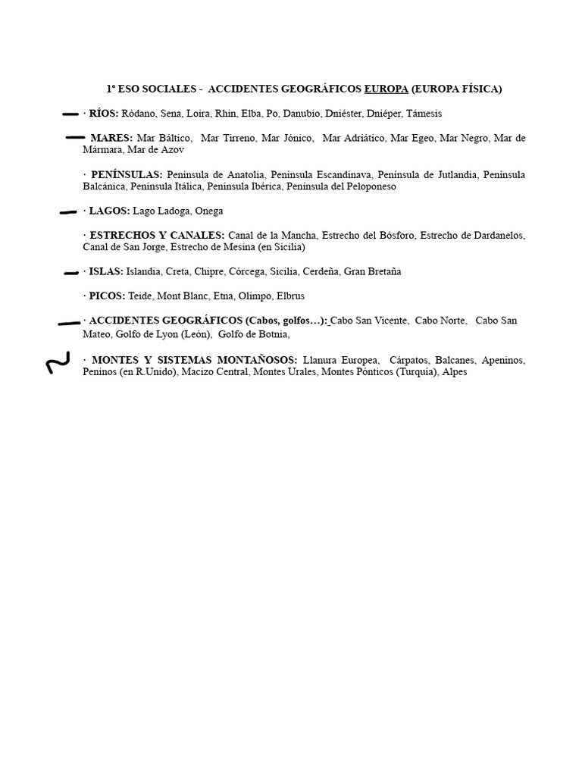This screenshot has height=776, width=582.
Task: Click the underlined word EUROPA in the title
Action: click(x=386, y=89)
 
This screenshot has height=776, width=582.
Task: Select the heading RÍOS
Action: click(x=104, y=114)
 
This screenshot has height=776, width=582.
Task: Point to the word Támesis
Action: click(x=424, y=114)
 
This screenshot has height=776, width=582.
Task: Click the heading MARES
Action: click(x=111, y=138)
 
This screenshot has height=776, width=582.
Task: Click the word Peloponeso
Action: click(x=370, y=186)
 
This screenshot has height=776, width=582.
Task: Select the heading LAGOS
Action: click(x=109, y=211)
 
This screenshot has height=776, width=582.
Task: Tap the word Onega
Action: click(x=208, y=211)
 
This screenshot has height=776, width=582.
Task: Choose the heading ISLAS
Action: click(x=105, y=271)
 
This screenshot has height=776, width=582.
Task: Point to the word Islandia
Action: click(x=143, y=271)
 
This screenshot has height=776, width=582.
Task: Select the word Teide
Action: click(x=140, y=296)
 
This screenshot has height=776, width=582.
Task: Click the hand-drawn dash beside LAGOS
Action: click(x=67, y=213)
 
